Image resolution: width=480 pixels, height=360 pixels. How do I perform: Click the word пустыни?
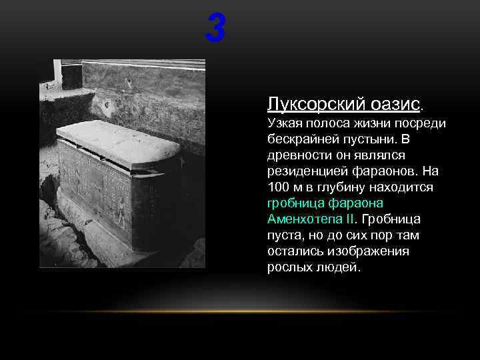tap(374, 139)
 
